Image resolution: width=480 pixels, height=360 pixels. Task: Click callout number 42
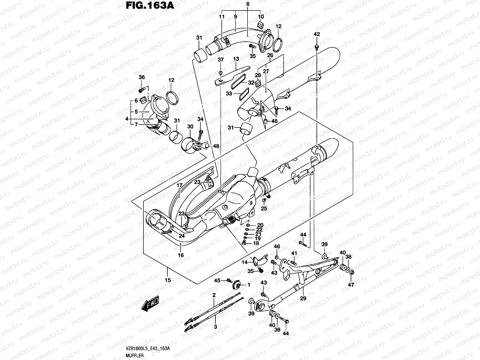[x=317, y=34]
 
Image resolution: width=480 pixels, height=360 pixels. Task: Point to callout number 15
[x=168, y=280]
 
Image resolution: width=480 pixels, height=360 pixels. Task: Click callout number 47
[x=351, y=284]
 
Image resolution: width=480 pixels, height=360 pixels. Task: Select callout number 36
[x=142, y=77]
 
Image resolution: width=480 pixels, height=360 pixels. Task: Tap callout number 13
[x=236, y=59]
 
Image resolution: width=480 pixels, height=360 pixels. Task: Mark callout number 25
[x=264, y=208]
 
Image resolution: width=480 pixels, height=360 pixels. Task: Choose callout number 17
[x=179, y=186]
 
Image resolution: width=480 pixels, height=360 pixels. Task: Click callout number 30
[x=190, y=127]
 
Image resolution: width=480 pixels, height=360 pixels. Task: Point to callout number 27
[x=266, y=71]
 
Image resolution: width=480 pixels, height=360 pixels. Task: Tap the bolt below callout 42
[x=317, y=47]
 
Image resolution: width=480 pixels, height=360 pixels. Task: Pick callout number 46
[x=277, y=247]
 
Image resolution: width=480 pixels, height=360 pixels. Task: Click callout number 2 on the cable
[x=214, y=295]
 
